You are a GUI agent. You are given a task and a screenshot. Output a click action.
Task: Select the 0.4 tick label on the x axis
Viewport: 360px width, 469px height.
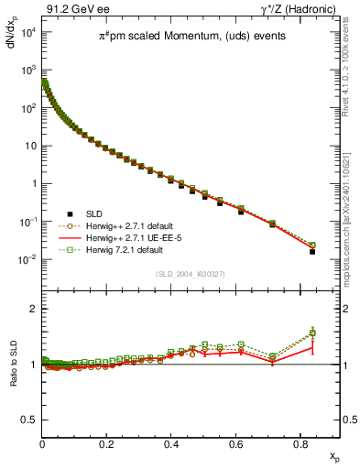[171, 443]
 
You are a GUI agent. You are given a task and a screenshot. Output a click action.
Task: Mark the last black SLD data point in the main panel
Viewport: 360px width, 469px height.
[312, 251]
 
